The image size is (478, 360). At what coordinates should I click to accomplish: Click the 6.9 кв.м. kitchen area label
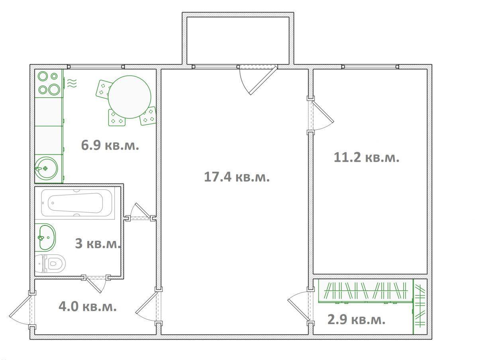[110, 145]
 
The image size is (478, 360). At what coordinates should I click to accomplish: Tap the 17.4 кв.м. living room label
[237, 177]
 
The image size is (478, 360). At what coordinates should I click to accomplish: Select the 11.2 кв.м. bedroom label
[366, 157]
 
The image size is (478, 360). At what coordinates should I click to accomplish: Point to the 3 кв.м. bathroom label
[98, 243]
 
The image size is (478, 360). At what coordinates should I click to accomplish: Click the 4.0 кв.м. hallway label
[88, 307]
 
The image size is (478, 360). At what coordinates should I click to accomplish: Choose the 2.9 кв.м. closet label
[357, 320]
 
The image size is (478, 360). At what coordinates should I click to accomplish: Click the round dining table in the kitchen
[129, 97]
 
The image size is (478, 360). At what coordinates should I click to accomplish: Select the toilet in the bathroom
[50, 264]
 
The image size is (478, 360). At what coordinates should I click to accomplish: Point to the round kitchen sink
[46, 168]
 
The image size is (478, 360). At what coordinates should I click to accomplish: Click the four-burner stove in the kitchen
[49, 83]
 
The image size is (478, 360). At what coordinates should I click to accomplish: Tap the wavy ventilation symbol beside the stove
[72, 83]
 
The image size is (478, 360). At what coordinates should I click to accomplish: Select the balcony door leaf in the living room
[264, 80]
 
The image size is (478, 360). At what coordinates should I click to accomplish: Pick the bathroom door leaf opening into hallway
[94, 286]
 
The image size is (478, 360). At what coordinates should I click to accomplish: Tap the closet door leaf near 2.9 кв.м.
[298, 310]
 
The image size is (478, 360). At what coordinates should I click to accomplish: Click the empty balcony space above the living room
[238, 41]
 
